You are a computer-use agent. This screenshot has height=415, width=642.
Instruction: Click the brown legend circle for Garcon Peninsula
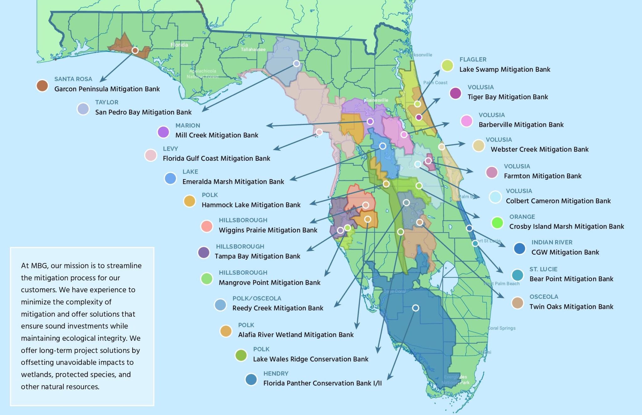(x=42, y=85)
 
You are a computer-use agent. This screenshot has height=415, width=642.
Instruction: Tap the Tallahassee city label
(x=253, y=49)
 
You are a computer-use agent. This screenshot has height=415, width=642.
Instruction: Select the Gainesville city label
(x=377, y=100)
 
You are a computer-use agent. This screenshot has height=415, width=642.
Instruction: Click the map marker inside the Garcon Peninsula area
(x=135, y=50)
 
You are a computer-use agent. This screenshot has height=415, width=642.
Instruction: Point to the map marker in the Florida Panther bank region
(x=415, y=308)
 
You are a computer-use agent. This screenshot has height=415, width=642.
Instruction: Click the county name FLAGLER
(x=473, y=60)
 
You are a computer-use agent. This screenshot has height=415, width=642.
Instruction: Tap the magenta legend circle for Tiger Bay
(x=455, y=93)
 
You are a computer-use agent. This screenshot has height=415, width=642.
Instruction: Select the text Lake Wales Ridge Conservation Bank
(x=310, y=359)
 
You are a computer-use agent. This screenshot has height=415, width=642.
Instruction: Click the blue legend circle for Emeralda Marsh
(x=171, y=178)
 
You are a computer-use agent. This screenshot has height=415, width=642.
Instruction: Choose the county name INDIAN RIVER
(x=552, y=242)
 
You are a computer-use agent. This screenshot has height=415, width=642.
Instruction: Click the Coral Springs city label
(x=502, y=328)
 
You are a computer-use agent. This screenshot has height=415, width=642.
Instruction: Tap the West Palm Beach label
(x=502, y=283)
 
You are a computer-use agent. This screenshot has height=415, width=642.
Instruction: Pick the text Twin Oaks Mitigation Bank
(x=571, y=307)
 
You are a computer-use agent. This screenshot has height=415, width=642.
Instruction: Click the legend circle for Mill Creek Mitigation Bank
(x=163, y=132)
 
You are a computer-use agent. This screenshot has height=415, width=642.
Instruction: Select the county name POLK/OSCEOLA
(x=256, y=298)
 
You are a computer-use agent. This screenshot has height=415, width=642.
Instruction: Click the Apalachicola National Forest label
(x=203, y=74)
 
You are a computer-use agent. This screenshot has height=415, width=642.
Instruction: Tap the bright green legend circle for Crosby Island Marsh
(x=497, y=223)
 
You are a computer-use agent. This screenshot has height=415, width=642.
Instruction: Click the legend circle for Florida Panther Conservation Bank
(x=251, y=379)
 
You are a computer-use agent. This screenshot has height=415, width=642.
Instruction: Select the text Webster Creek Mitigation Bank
(x=539, y=149)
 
